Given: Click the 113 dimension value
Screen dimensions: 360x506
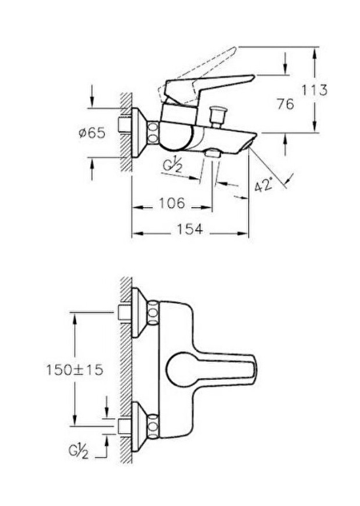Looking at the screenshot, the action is [x=314, y=90].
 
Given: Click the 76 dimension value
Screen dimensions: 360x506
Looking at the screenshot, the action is [x=286, y=104].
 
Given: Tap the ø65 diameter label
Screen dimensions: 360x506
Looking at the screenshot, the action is [x=92, y=133].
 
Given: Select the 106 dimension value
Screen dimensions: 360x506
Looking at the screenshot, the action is [x=172, y=203].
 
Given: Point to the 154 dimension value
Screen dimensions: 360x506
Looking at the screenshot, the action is [x=190, y=229].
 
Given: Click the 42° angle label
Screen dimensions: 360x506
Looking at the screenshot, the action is [x=264, y=185].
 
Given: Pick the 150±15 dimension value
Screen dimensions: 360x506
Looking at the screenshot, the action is [x=74, y=370].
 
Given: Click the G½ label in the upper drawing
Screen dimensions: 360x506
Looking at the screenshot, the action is [x=173, y=165].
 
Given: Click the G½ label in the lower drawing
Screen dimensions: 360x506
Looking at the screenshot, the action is [x=78, y=451].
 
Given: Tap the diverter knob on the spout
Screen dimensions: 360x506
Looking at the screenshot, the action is [x=218, y=116].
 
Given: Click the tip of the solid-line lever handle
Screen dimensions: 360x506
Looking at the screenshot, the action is [x=253, y=78].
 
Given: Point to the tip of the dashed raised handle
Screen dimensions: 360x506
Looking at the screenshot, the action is [x=235, y=49].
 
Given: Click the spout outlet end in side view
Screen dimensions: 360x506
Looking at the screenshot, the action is [x=251, y=143].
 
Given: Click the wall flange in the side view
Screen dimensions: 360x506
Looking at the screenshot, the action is [x=140, y=133].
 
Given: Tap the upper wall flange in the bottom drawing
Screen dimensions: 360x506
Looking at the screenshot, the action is [x=140, y=313].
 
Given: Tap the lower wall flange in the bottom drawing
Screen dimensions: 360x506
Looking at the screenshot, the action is [x=140, y=426].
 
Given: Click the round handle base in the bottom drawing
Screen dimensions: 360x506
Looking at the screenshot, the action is [x=180, y=370].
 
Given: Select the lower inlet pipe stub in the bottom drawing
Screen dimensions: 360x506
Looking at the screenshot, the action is [x=125, y=426].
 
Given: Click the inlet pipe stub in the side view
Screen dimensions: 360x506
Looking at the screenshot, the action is [x=125, y=125].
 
